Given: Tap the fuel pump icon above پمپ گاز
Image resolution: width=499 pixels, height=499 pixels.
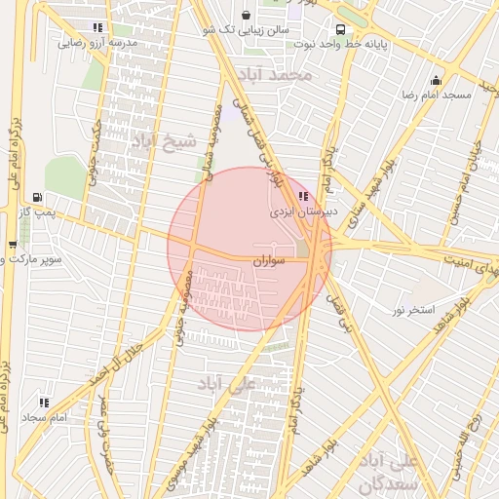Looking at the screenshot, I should [38, 196].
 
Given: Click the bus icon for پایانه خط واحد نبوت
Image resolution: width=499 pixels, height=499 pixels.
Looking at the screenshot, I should [339, 29].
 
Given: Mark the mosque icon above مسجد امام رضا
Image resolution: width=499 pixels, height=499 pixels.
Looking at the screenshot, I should [435, 80].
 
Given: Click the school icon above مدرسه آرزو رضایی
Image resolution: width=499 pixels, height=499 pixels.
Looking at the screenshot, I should [96, 28].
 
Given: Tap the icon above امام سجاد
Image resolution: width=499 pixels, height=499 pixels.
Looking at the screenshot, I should [44, 402].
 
